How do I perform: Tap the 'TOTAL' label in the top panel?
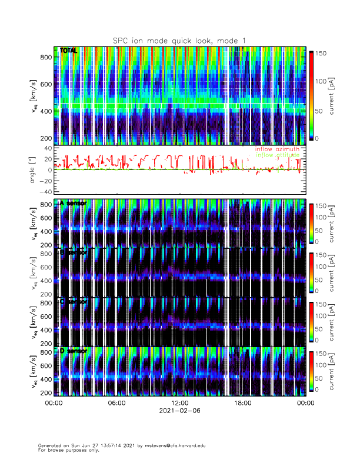point(69,51)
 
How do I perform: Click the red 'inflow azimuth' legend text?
point(276,149)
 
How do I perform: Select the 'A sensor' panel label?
point(73,203)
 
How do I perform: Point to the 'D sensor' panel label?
point(73,351)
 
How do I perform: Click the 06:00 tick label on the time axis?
point(116,404)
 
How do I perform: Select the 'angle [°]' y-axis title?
point(34,170)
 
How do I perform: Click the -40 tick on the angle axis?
point(45,192)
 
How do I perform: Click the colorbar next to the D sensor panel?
point(312,371)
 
